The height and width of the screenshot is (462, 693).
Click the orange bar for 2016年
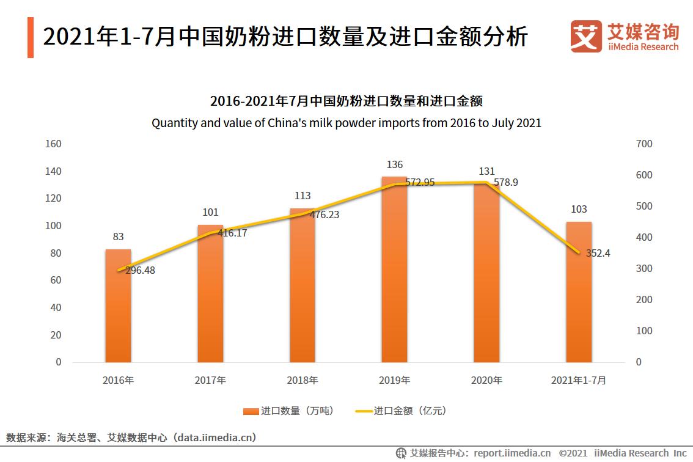coord(118,306)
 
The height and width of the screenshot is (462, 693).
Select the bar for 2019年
coord(394,275)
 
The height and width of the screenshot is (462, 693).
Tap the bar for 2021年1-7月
coord(579,293)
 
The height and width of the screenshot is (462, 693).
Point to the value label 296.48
coord(140,270)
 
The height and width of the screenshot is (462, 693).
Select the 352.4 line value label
coord(598,253)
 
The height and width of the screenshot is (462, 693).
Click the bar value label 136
coord(395,165)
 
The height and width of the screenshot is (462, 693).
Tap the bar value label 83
coord(118,237)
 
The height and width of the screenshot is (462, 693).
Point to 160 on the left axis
coord(54,144)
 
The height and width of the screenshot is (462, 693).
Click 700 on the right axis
coord(644,144)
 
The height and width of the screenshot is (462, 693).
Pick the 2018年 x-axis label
coord(302,380)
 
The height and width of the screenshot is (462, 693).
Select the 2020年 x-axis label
coord(486,380)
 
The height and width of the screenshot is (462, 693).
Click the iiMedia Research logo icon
coord(585,37)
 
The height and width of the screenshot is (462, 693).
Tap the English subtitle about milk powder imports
coord(346,123)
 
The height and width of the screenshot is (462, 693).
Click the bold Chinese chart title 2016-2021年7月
coord(346,101)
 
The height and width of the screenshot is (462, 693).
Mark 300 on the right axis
coord(644,269)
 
